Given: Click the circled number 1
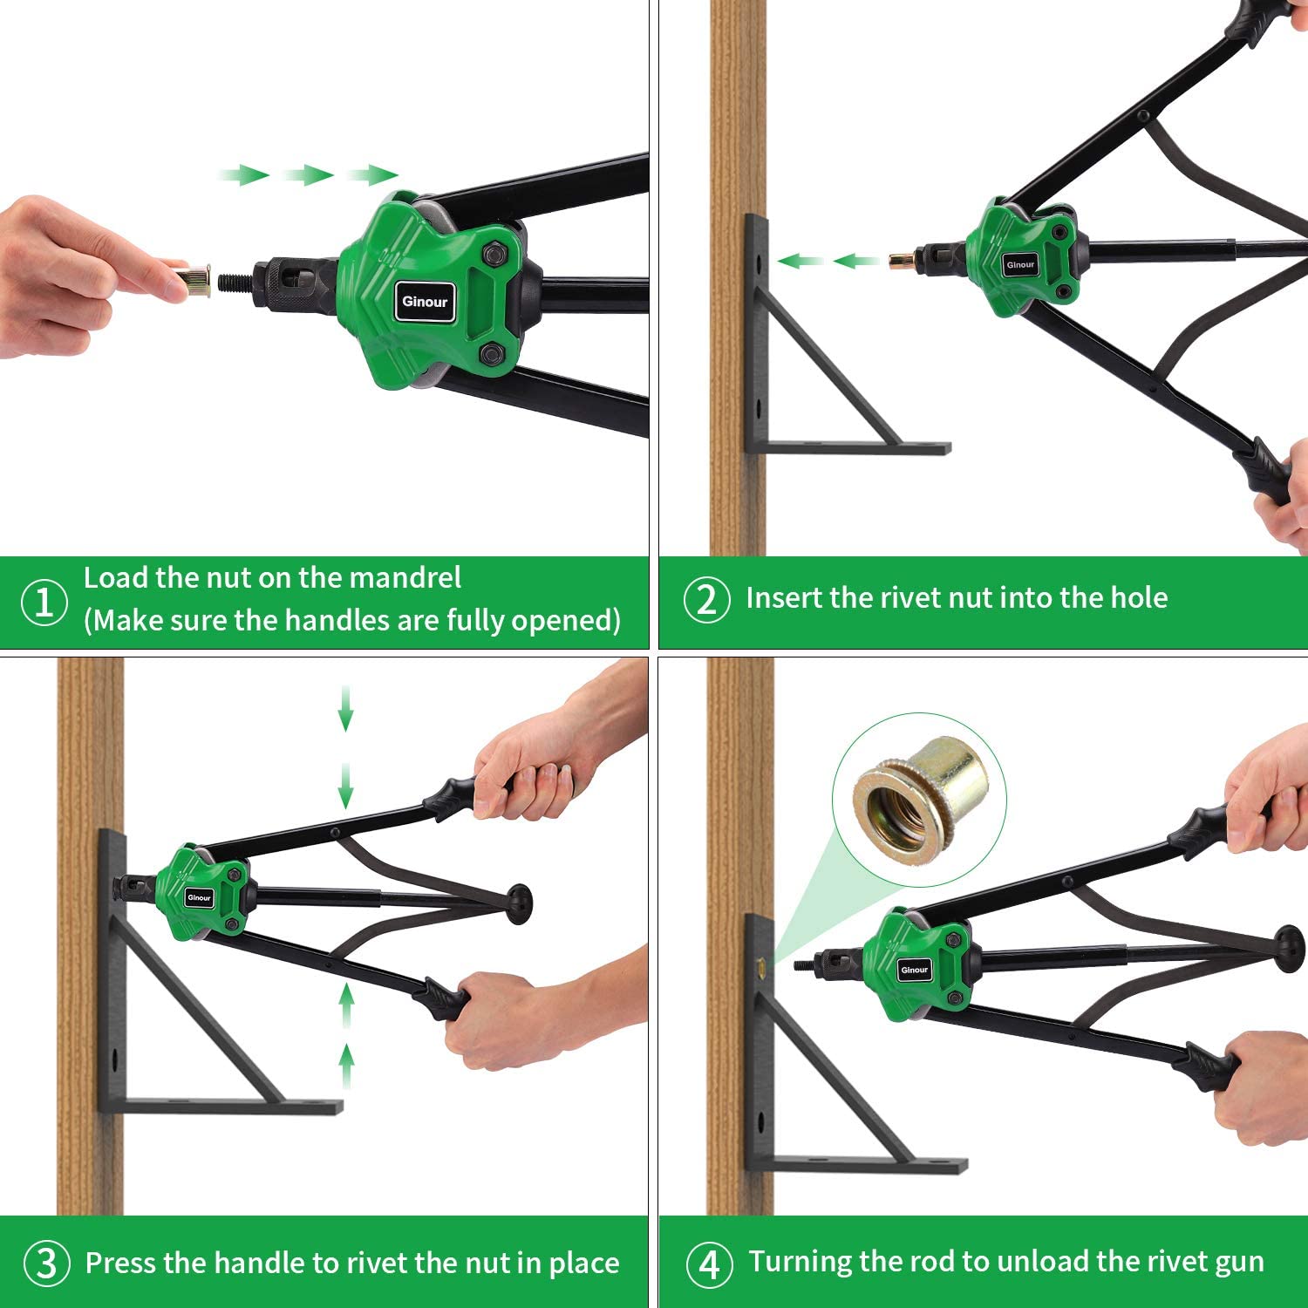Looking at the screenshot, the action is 44,602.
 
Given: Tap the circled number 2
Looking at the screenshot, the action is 707,600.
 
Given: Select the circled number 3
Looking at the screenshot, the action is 46,1264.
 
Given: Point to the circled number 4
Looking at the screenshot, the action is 710,1264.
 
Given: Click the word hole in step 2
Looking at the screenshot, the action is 1138,597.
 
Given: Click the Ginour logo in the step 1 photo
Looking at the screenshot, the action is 425,302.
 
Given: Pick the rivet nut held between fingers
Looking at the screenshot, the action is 194,280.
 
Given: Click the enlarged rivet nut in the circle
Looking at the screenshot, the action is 920,795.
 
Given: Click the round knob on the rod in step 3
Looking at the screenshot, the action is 518,904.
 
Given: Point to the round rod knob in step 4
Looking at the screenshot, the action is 1288,948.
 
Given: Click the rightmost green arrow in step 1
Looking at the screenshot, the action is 372,175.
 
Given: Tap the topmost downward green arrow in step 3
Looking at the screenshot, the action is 346,708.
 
